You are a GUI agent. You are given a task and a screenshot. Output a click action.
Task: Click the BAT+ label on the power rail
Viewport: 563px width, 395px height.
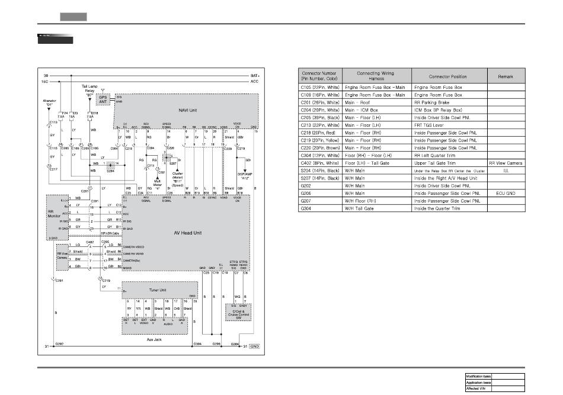pyautogui.click(x=255, y=76)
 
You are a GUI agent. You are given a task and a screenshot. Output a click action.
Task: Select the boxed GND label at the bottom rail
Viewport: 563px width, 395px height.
pyautogui.click(x=254, y=346)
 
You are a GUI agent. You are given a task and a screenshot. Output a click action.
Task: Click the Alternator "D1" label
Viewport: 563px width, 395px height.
pyautogui.click(x=50, y=103)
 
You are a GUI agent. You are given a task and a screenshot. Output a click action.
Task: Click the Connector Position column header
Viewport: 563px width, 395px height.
pyautogui.click(x=447, y=76)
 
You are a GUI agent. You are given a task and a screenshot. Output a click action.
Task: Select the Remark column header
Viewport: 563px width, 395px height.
pyautogui.click(x=506, y=76)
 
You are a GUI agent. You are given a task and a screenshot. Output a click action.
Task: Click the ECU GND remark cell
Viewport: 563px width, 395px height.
pyautogui.click(x=506, y=193)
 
